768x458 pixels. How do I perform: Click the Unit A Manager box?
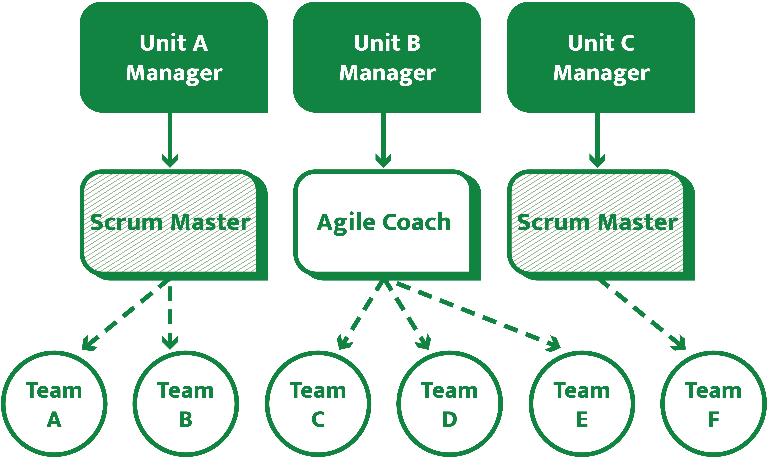tap(174, 57)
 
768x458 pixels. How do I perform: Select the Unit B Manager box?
tap(387, 57)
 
